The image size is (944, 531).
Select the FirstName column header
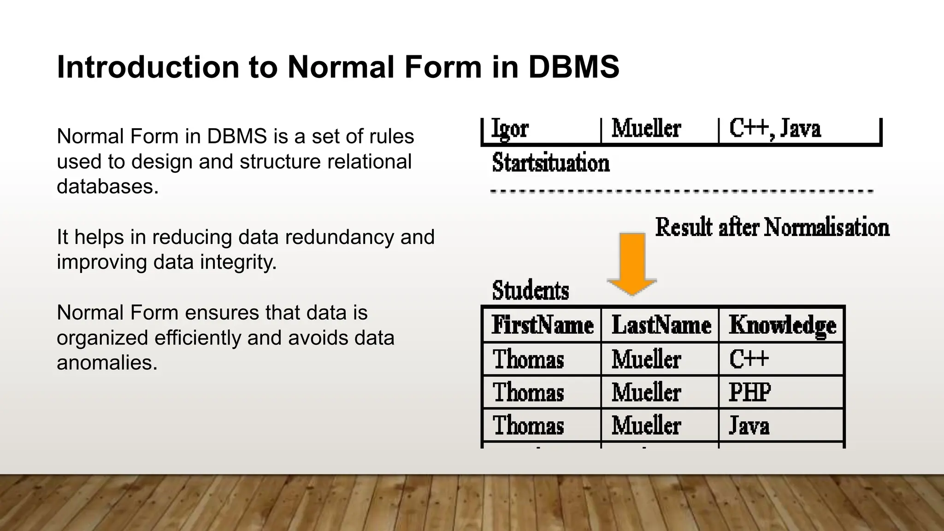(x=542, y=325)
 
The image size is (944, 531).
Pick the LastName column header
(x=661, y=325)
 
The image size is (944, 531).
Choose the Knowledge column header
(x=782, y=325)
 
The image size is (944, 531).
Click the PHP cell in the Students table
(x=749, y=392)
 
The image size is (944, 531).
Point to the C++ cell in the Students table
(x=749, y=359)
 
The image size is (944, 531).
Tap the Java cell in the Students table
(x=749, y=425)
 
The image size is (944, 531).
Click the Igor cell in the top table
(x=510, y=129)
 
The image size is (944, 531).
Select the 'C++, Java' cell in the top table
(x=775, y=129)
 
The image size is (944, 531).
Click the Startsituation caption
(x=551, y=163)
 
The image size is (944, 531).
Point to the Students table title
(x=531, y=290)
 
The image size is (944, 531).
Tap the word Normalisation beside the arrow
(x=826, y=227)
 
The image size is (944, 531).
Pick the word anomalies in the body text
(x=107, y=362)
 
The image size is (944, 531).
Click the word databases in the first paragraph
(x=107, y=186)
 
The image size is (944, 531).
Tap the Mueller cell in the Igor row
(x=646, y=129)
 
